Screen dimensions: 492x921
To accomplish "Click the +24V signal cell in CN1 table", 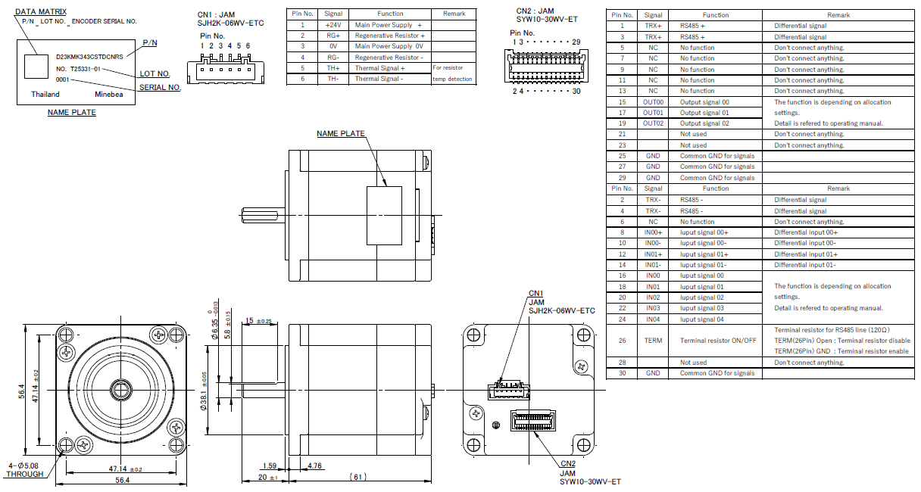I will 332,25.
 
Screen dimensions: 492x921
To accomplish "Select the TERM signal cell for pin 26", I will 653,341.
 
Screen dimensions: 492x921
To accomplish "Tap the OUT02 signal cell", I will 653,123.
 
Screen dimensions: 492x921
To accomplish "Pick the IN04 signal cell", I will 653,319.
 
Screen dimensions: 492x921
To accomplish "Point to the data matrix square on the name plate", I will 35,67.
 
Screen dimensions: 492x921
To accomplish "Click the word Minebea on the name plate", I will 109,95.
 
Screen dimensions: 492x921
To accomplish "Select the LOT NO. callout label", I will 155,74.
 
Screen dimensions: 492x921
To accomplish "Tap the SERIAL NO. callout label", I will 159,88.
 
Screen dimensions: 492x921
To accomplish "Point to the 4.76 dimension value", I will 315,466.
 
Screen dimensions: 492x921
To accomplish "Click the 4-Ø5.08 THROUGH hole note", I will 24,470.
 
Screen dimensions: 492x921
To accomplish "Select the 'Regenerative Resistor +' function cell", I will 389,36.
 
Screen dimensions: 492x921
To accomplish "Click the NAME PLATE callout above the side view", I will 340,134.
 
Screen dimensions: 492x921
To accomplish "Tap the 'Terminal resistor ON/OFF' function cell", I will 717,341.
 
